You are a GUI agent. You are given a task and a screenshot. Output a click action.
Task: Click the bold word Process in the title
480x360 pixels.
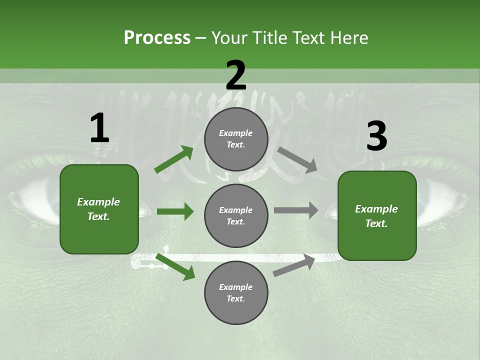pyautogui.click(x=157, y=38)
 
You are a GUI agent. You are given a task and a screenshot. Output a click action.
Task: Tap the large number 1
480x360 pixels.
pyautogui.click(x=99, y=128)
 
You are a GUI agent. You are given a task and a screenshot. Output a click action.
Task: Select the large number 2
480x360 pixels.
pyautogui.click(x=236, y=75)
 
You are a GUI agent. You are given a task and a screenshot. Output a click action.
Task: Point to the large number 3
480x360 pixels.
pyautogui.click(x=376, y=136)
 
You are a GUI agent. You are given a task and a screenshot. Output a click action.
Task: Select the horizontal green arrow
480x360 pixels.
pyautogui.click(x=175, y=211)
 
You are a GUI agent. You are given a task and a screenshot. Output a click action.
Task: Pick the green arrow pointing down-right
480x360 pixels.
pyautogui.click(x=175, y=266)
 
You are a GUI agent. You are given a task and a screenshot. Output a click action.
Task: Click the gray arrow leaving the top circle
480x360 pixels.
pyautogui.click(x=297, y=160)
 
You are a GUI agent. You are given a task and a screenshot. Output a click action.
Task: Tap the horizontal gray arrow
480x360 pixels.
pyautogui.click(x=296, y=210)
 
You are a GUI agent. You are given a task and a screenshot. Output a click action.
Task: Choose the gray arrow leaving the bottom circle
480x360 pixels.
pyautogui.click(x=294, y=265)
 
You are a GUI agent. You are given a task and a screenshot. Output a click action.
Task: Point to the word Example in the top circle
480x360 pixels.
pyautogui.click(x=236, y=133)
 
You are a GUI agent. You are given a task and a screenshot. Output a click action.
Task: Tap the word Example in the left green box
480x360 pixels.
pyautogui.click(x=98, y=202)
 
